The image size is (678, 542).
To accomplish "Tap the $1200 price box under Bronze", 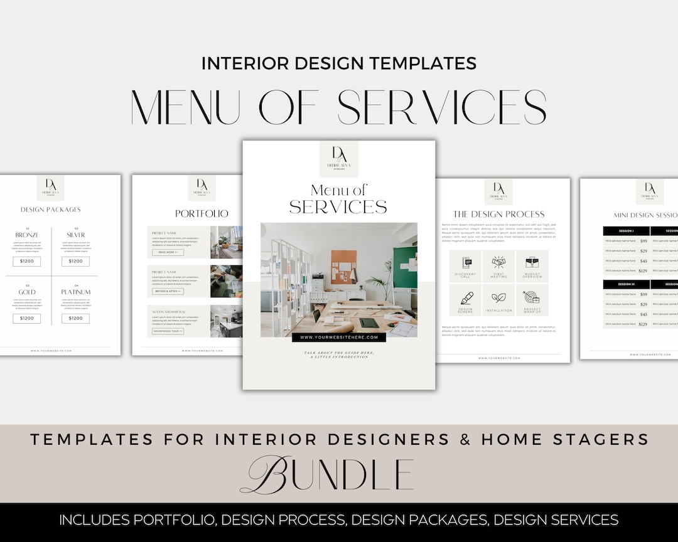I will tap(27, 261).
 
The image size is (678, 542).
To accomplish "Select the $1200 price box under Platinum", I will tap(76, 318).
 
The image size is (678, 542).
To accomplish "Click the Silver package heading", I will tap(76, 235).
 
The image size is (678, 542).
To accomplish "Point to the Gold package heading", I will tap(27, 292).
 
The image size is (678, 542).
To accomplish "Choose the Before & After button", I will tap(168, 291).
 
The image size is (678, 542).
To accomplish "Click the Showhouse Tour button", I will tap(168, 331).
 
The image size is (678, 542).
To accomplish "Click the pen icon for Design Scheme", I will tap(466, 298).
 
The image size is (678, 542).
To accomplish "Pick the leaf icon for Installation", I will tap(499, 298).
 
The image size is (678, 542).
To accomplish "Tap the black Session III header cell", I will tap(626, 284).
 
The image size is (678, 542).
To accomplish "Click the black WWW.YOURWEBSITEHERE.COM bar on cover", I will tap(338, 337).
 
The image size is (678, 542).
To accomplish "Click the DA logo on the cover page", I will tap(338, 155).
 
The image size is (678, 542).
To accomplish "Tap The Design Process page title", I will tap(499, 214).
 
